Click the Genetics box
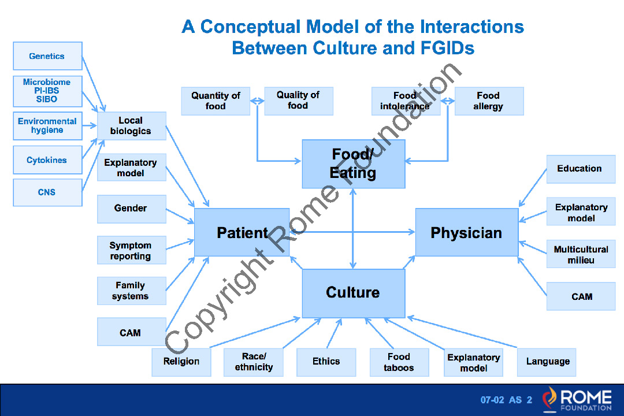(x=47, y=56)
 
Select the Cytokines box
(x=47, y=160)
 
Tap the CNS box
(x=47, y=192)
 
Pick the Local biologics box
(x=131, y=126)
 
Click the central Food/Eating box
(x=353, y=164)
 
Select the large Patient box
(x=242, y=232)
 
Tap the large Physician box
(x=466, y=232)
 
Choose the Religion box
(x=181, y=362)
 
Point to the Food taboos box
(x=399, y=362)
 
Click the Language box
(x=547, y=362)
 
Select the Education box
(x=580, y=169)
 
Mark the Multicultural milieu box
(x=580, y=254)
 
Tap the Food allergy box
(x=489, y=101)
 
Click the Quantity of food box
(x=216, y=101)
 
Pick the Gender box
(x=131, y=208)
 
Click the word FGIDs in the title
(x=443, y=48)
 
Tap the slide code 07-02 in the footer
(x=492, y=400)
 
